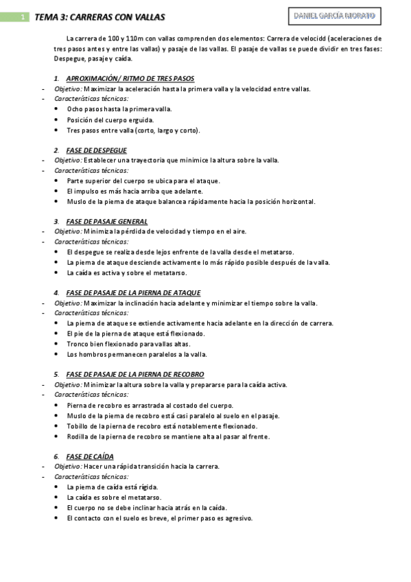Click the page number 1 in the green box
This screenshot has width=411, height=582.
23,16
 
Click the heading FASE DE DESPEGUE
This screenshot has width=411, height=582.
96,150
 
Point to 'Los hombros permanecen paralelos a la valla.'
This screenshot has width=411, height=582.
137,354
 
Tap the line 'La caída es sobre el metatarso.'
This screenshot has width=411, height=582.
114,497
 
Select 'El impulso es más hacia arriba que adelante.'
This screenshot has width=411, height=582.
134,191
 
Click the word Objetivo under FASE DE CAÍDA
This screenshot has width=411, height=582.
68,467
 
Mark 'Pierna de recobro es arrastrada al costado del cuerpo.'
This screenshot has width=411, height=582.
150,405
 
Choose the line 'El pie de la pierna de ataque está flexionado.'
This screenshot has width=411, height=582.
136,334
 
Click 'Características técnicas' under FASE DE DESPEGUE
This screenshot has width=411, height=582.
91,170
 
